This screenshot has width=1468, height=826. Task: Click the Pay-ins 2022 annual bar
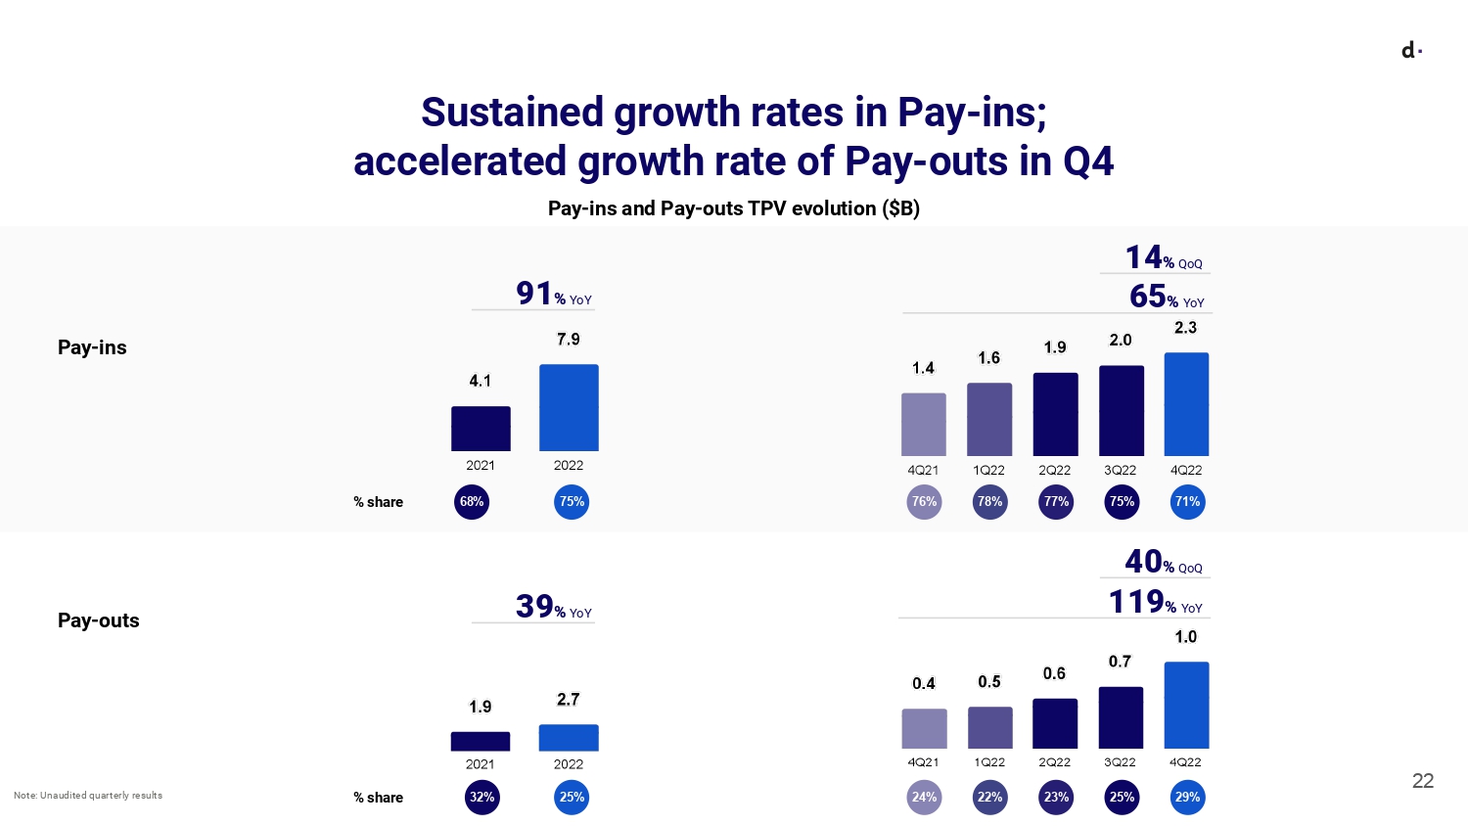(x=569, y=407)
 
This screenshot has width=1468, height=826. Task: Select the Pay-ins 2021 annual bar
(x=481, y=429)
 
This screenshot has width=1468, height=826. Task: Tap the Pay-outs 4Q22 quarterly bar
(x=1186, y=705)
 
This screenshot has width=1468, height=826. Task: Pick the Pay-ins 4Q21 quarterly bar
(x=923, y=424)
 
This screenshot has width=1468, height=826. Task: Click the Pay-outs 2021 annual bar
(x=481, y=741)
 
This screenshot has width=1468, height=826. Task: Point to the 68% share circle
(x=472, y=502)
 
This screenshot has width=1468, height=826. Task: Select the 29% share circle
(x=1187, y=798)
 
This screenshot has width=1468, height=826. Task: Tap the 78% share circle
(x=989, y=502)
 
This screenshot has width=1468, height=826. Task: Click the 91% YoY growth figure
(x=553, y=294)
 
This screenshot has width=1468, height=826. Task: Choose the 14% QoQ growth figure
(x=1163, y=257)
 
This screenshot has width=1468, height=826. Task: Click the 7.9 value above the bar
(x=569, y=340)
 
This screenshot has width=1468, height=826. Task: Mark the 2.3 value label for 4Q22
(x=1185, y=328)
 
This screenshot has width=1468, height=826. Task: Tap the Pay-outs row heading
(x=99, y=620)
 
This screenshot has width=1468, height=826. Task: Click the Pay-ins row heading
(x=92, y=347)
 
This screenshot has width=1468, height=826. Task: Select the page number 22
(x=1423, y=781)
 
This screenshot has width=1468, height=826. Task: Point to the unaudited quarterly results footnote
(x=88, y=796)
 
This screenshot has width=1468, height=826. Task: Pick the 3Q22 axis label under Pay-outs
(x=1120, y=762)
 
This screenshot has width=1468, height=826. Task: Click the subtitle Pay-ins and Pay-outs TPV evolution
(x=733, y=208)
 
